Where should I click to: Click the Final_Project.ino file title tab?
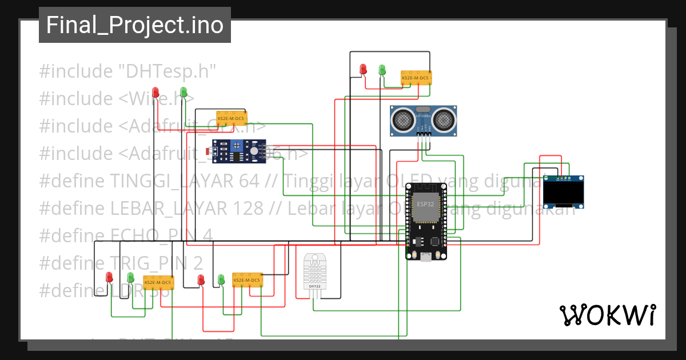tap(134, 25)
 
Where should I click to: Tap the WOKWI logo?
tap(607, 315)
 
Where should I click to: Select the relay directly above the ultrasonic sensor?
tap(416, 78)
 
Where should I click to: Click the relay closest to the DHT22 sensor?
tap(247, 280)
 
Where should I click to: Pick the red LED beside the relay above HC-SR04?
tap(363, 69)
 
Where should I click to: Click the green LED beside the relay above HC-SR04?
tap(382, 69)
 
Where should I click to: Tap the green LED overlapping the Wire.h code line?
tap(184, 91)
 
